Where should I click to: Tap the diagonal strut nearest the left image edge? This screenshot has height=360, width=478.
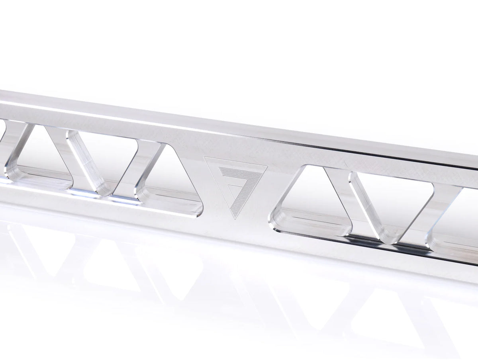(x=16, y=147)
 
